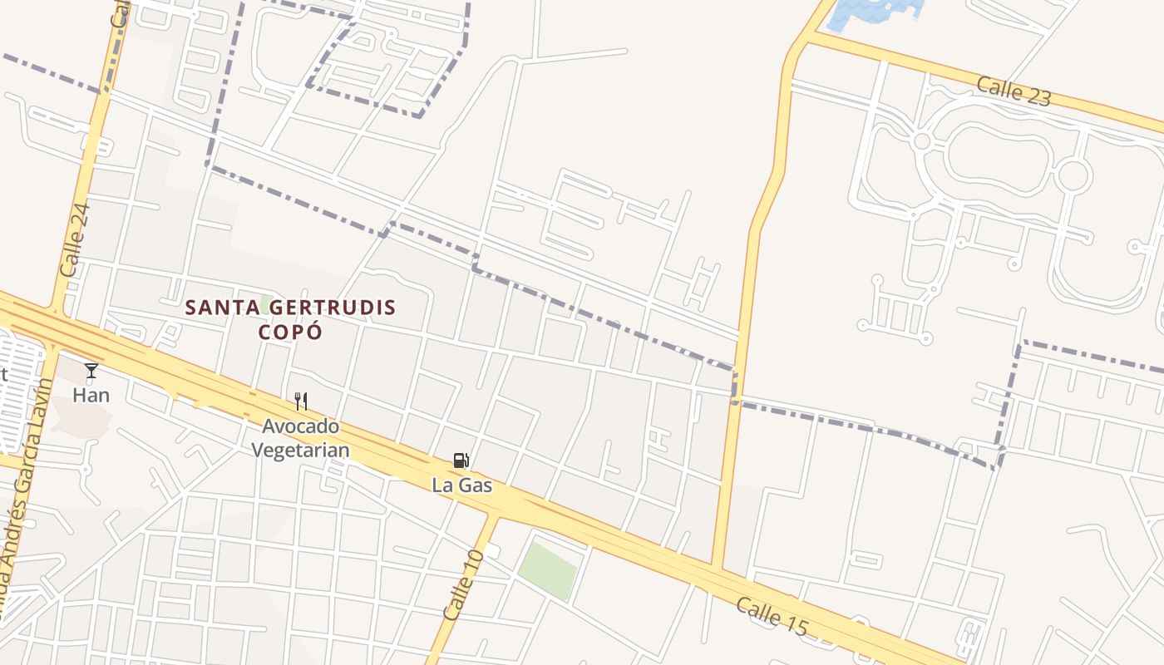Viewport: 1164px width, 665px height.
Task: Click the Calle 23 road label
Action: tap(1014, 91)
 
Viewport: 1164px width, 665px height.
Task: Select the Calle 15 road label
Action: tap(772, 617)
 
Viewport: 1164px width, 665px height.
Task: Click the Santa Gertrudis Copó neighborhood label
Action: tap(290, 319)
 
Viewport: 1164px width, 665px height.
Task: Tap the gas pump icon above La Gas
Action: tap(461, 461)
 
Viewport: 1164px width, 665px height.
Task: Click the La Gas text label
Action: tap(462, 485)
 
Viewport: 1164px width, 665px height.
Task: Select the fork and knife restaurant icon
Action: tap(301, 401)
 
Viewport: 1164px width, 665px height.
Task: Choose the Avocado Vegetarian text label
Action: tap(300, 438)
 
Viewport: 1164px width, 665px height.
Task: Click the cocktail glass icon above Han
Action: tap(91, 371)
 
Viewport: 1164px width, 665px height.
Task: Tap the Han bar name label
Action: tap(91, 395)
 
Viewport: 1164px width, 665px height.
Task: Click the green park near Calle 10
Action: tap(547, 570)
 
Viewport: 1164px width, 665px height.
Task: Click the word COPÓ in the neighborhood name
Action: tap(290, 331)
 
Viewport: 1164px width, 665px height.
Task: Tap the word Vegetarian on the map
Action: tap(300, 451)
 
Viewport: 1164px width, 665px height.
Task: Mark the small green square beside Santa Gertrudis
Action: tap(266, 301)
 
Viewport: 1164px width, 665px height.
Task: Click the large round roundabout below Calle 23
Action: tap(1073, 175)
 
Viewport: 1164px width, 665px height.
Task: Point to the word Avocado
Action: tap(301, 426)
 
